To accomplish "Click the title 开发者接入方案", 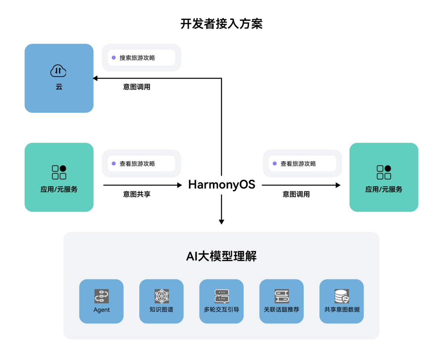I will point(221,24).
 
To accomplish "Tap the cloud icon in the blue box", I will point(58,71).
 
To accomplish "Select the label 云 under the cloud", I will point(59,88).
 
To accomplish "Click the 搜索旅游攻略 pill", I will point(141,58).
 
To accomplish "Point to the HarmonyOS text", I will point(221,185).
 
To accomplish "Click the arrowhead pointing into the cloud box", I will point(95,78).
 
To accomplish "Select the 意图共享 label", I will point(137,194).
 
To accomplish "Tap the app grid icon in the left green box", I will point(59,172).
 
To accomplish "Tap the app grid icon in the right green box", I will point(384,172).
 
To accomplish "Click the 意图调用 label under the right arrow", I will point(296,194).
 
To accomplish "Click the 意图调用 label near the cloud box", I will point(137,88).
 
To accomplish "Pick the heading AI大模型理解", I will point(221,256).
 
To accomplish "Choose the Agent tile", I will point(102,301).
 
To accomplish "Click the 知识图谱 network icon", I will point(161,296).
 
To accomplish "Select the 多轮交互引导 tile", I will point(221,301).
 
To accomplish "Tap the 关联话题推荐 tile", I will point(281,301).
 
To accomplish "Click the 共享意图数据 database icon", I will point(341,296).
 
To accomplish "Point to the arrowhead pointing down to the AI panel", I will point(221,222).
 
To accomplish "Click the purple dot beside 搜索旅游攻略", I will point(114,58).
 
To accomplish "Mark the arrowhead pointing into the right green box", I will point(338,185).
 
